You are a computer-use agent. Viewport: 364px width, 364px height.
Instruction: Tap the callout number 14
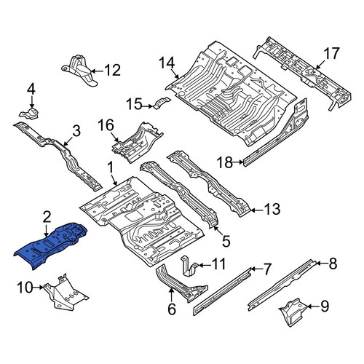167,63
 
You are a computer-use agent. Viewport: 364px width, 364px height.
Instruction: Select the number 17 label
332,53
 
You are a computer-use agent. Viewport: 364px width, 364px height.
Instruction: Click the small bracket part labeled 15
162,103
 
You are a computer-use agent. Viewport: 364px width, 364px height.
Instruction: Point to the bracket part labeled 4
29,114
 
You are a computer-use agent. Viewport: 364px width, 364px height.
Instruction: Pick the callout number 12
113,70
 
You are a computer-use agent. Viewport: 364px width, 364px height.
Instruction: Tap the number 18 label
225,162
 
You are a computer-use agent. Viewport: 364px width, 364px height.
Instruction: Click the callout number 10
25,288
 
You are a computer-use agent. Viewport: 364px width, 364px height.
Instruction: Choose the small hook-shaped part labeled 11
189,266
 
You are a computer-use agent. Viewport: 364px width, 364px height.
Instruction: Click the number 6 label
172,309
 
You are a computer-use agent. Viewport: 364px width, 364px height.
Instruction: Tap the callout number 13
272,209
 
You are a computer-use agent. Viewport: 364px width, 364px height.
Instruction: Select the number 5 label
226,241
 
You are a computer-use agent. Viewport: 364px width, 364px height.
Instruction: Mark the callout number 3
76,131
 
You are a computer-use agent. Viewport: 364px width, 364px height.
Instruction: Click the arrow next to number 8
322,263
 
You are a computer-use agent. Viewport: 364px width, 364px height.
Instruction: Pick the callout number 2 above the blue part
47,217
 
